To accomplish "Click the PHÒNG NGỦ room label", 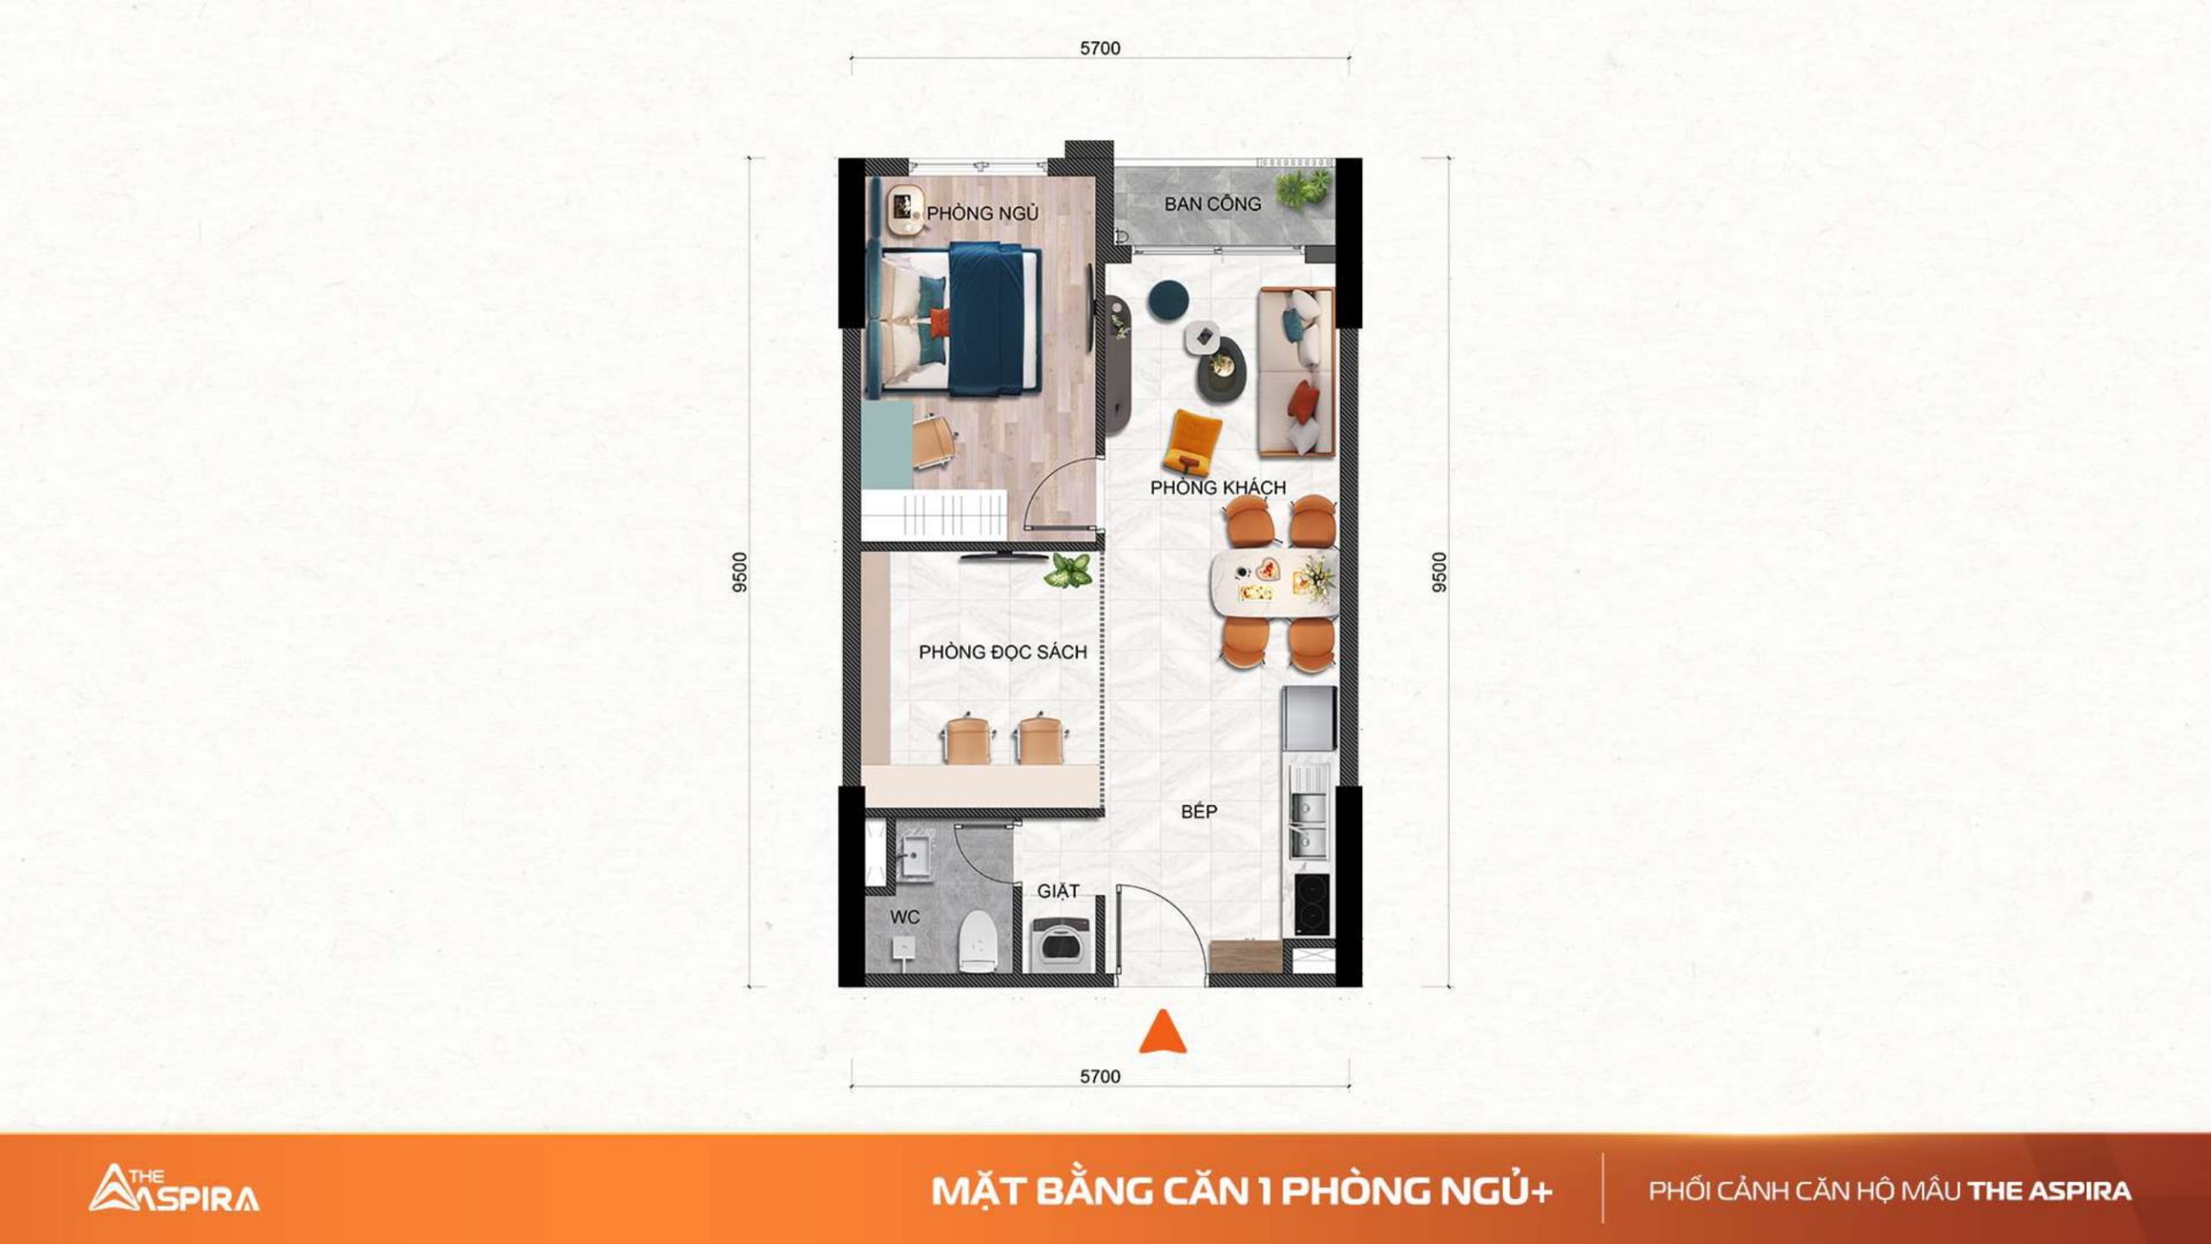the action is (x=983, y=212).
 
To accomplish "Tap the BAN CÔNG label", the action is (x=1213, y=205).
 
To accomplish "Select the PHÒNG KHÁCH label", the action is (x=1218, y=487).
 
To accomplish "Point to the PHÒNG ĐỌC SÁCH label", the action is (x=1003, y=651).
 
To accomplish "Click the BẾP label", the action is (x=1200, y=810).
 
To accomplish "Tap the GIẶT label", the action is (x=1058, y=891).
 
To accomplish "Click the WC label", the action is (x=904, y=917).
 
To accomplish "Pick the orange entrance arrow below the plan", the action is (x=1163, y=1031).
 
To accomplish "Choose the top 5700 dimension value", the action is (x=1100, y=48).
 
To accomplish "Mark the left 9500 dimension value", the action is (x=739, y=572).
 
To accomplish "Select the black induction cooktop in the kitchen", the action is (x=1312, y=904).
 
